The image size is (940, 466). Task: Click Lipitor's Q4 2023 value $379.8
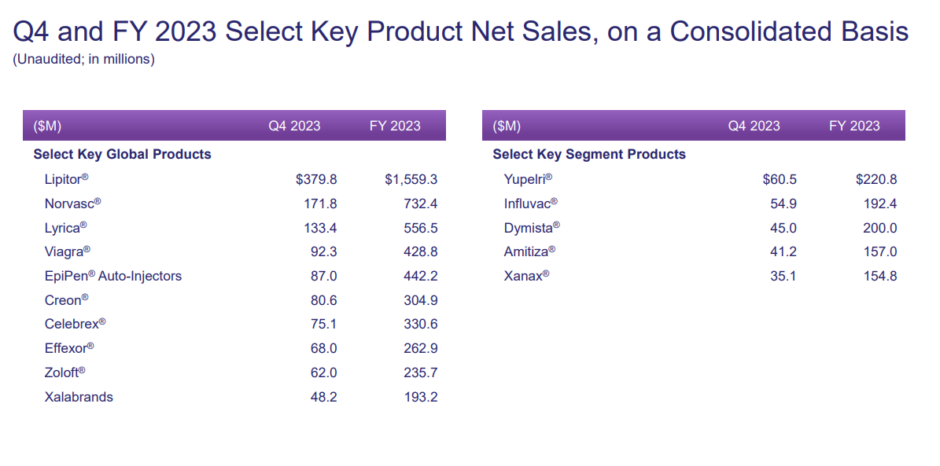tap(316, 180)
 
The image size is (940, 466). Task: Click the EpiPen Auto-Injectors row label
tap(113, 277)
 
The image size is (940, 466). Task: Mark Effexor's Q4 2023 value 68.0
tap(324, 349)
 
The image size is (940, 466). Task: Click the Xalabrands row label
tap(79, 398)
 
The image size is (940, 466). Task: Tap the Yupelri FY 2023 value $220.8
tap(876, 180)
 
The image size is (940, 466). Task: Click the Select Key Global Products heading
tap(122, 155)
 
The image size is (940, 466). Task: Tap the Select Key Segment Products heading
tap(589, 155)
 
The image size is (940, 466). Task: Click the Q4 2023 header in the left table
tap(294, 127)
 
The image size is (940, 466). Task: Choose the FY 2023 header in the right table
tap(854, 127)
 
